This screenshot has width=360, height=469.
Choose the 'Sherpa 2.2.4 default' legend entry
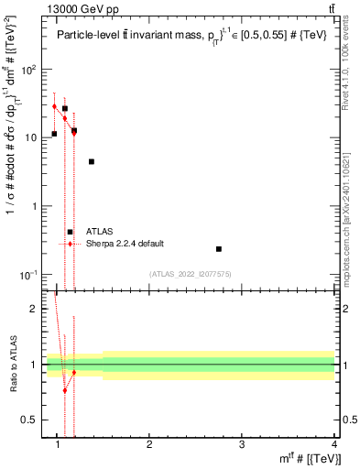pos(125,244)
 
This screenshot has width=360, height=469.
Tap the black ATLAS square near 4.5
pos(92,161)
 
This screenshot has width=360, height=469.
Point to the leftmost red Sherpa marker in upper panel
pos(55,106)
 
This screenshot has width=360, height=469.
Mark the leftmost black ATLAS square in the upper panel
pos(55,134)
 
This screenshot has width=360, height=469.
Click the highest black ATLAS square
pos(65,108)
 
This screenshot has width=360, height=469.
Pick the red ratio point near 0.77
pos(65,390)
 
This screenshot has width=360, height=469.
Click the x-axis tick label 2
pos(149,446)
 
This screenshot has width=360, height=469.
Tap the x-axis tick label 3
pos(242,446)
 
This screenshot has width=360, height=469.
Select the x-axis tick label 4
pos(333,446)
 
